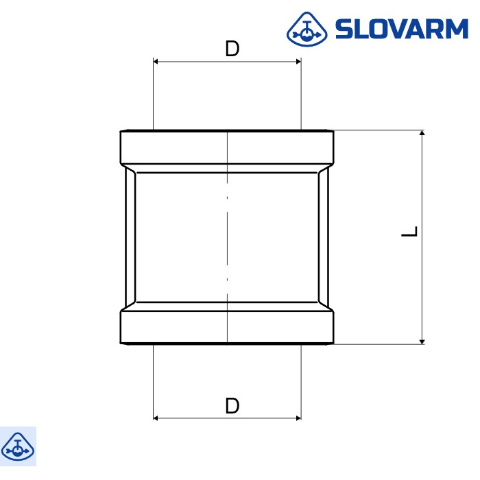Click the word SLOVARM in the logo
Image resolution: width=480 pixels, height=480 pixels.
(401, 29)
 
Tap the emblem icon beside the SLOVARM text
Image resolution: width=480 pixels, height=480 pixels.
(307, 29)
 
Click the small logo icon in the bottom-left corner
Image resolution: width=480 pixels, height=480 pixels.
(18, 446)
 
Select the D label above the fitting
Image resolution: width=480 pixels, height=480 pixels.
(232, 49)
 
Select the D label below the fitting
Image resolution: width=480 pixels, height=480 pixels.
(232, 405)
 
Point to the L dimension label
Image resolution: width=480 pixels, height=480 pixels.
(409, 231)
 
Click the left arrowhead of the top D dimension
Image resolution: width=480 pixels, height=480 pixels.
(156, 62)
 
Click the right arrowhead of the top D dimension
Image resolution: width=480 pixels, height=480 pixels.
(298, 62)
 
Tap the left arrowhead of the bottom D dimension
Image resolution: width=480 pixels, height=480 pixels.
(156, 417)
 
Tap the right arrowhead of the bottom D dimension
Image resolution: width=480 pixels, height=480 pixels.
(298, 417)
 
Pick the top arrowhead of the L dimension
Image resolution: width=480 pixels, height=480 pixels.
(422, 134)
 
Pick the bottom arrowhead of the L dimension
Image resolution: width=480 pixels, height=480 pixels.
(422, 339)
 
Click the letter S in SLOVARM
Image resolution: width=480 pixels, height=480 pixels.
(344, 29)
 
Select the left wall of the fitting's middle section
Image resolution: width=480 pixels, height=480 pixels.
(130, 237)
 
